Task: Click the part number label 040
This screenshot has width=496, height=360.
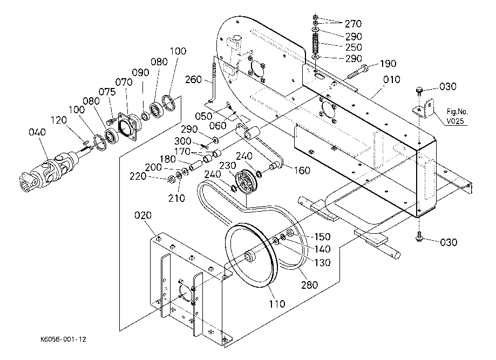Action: point(37,132)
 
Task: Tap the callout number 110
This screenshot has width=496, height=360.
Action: point(277,304)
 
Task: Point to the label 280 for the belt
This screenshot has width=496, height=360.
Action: point(309,285)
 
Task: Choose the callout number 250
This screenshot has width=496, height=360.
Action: point(354,47)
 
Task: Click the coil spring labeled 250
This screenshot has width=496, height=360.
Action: point(315,44)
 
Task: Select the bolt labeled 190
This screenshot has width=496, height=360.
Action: point(358,72)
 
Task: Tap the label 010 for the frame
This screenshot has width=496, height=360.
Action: point(392,79)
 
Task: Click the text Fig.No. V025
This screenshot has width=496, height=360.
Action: point(457,116)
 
